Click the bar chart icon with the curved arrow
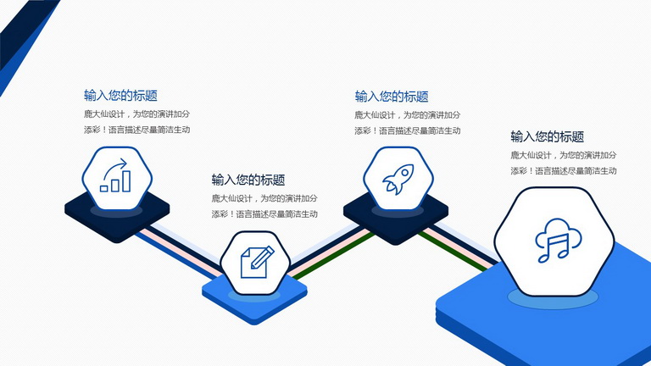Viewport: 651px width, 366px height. click(x=115, y=175)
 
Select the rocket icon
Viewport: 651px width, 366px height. click(x=398, y=179)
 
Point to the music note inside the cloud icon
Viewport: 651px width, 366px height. click(x=554, y=248)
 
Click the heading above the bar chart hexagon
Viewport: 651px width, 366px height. click(x=120, y=96)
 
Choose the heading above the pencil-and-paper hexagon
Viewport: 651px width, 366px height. click(x=248, y=180)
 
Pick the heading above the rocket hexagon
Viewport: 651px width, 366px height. click(x=392, y=97)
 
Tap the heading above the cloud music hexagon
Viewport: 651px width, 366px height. click(x=548, y=136)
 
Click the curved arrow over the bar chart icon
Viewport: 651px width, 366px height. click(x=115, y=169)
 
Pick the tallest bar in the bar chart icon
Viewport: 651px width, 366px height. click(x=126, y=181)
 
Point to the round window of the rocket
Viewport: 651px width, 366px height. click(x=404, y=172)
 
